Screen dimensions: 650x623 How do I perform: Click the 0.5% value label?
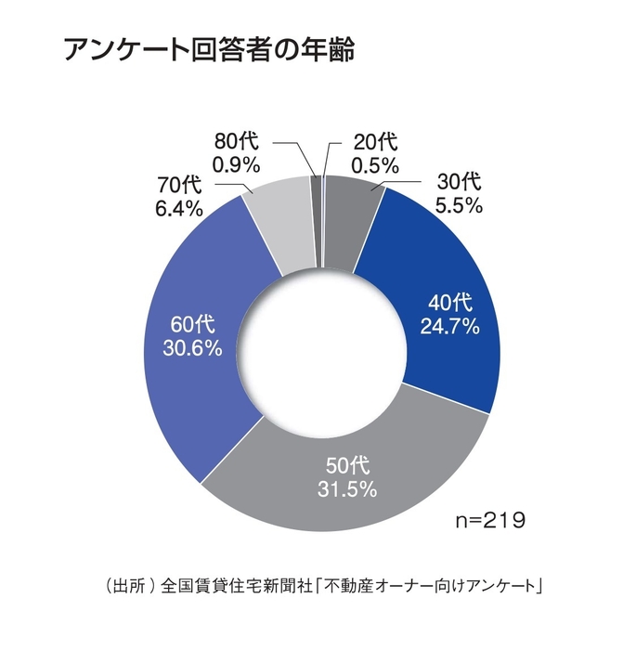click(375, 166)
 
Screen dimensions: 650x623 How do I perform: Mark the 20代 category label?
click(375, 142)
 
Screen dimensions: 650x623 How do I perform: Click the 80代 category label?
click(237, 141)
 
